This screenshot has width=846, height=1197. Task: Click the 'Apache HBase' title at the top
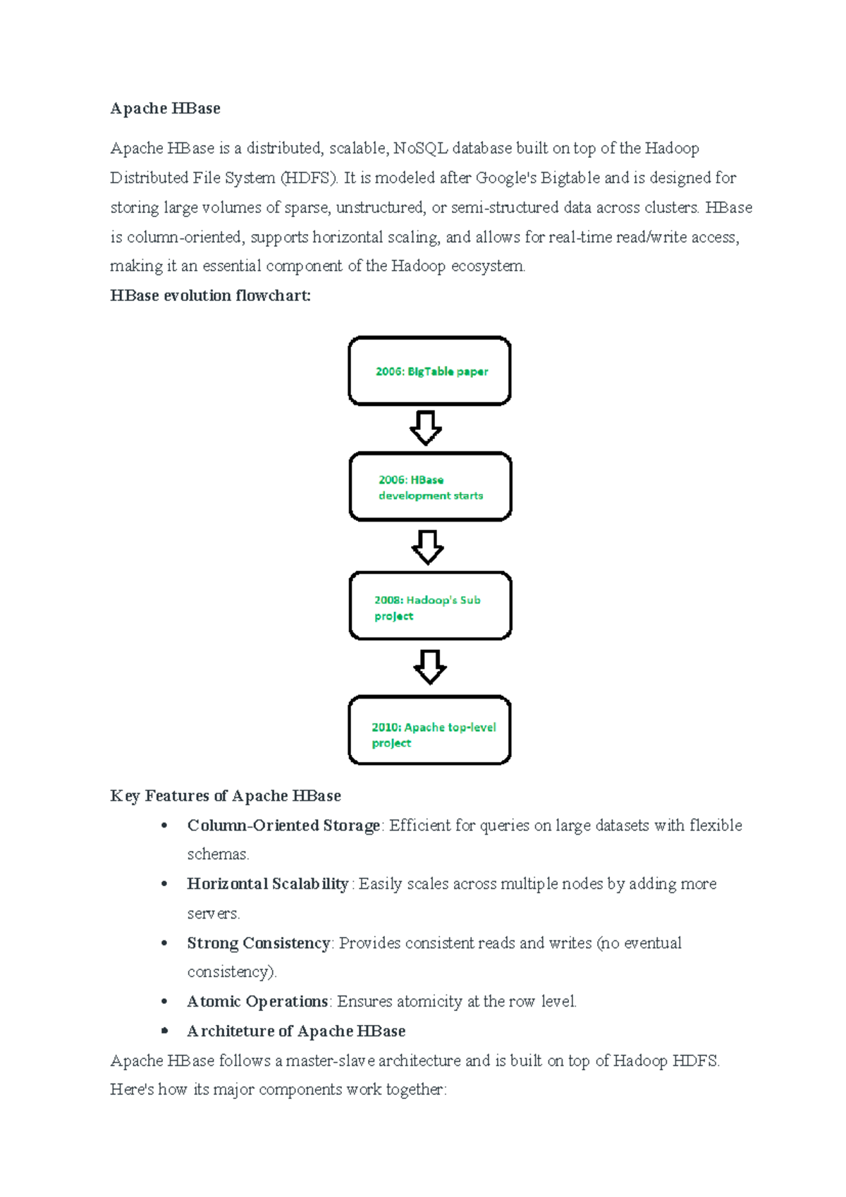[x=165, y=109]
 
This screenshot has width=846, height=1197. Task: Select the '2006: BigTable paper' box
[x=429, y=371]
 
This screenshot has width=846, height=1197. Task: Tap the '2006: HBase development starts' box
[x=430, y=487]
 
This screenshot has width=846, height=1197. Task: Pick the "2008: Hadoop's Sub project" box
[x=430, y=606]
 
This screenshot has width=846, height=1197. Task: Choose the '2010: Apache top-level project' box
[x=429, y=730]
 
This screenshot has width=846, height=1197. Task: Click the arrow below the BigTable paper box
[x=426, y=428]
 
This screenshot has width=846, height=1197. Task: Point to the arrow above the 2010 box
[x=430, y=667]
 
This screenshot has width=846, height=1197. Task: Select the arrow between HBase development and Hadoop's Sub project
[x=428, y=547]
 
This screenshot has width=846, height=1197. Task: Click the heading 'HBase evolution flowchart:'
[x=210, y=296]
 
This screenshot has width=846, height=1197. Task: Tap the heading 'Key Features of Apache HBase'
[x=226, y=796]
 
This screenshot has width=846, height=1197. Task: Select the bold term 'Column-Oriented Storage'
[x=283, y=825]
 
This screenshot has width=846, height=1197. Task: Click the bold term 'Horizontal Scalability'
[x=267, y=884]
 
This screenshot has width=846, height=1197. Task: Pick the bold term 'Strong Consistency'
[x=258, y=943]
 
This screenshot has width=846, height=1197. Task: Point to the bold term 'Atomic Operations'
[x=257, y=1002]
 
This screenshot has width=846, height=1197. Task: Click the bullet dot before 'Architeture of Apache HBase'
[x=164, y=1031]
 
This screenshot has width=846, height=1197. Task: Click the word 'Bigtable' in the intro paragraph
[x=570, y=178]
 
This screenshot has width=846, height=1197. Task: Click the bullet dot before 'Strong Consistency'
[x=164, y=943]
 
